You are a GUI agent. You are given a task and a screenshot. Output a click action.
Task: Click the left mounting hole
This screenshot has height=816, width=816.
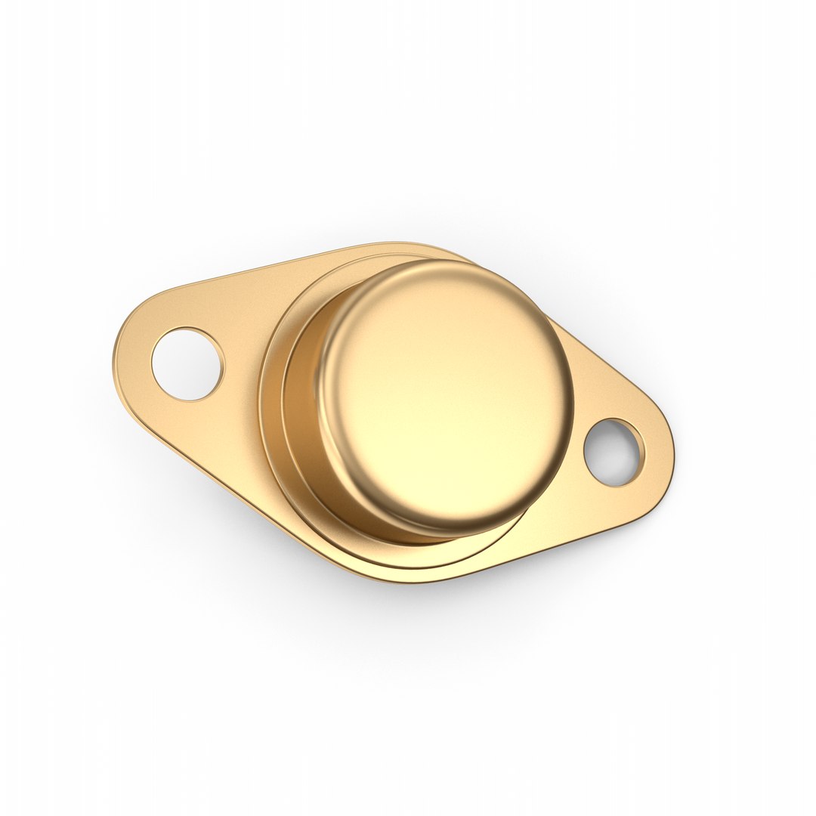[x=187, y=364]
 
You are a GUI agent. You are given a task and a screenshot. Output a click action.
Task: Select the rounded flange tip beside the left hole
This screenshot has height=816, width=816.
[x=125, y=355]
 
